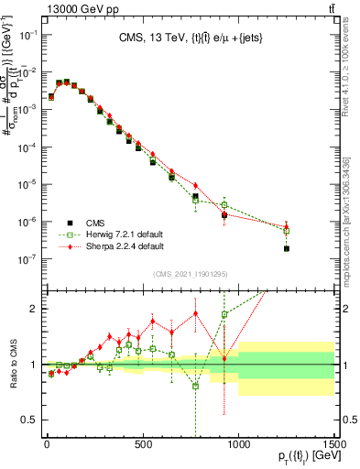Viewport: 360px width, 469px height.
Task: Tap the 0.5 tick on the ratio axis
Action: (32, 420)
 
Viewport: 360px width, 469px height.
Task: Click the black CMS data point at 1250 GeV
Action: (287, 248)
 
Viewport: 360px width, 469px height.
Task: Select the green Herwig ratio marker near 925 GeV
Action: (224, 315)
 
